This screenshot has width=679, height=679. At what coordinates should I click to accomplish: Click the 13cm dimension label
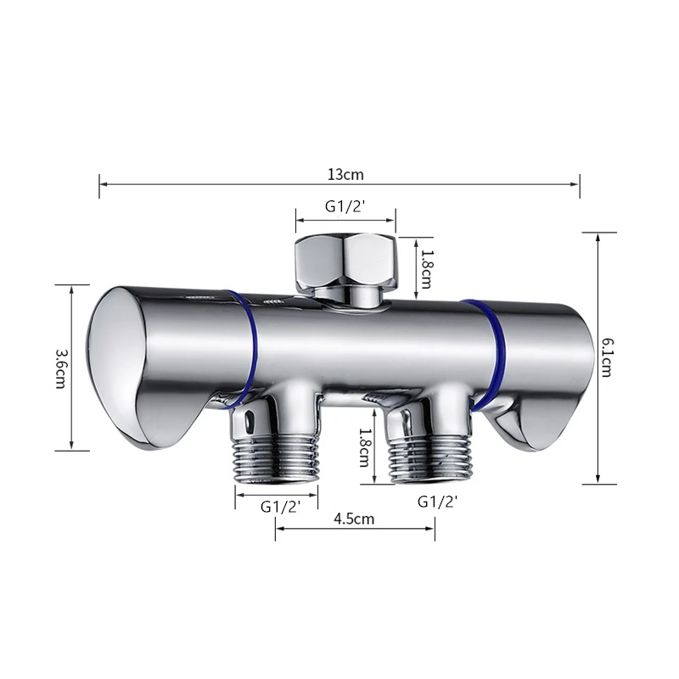345,175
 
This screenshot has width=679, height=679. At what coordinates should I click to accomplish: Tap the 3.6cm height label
61,368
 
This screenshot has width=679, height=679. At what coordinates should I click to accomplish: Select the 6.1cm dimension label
607,357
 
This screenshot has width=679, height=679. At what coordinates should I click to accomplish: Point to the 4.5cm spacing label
354,519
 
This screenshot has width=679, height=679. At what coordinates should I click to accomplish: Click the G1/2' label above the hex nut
346,206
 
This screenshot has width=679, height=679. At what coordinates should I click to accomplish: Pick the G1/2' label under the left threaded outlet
281,506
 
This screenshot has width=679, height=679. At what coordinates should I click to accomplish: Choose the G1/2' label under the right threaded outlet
438,502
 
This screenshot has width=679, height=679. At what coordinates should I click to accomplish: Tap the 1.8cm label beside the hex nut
426,269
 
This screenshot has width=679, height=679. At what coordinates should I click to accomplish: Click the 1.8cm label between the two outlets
364,447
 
